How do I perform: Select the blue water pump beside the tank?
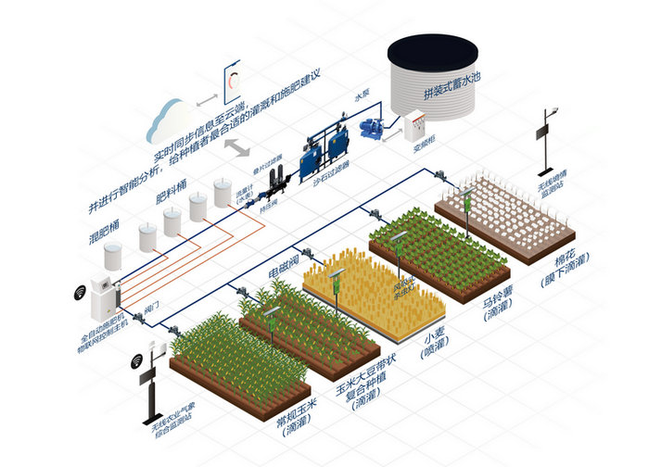tap(375, 120)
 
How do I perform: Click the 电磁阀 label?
tap(282, 268)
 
